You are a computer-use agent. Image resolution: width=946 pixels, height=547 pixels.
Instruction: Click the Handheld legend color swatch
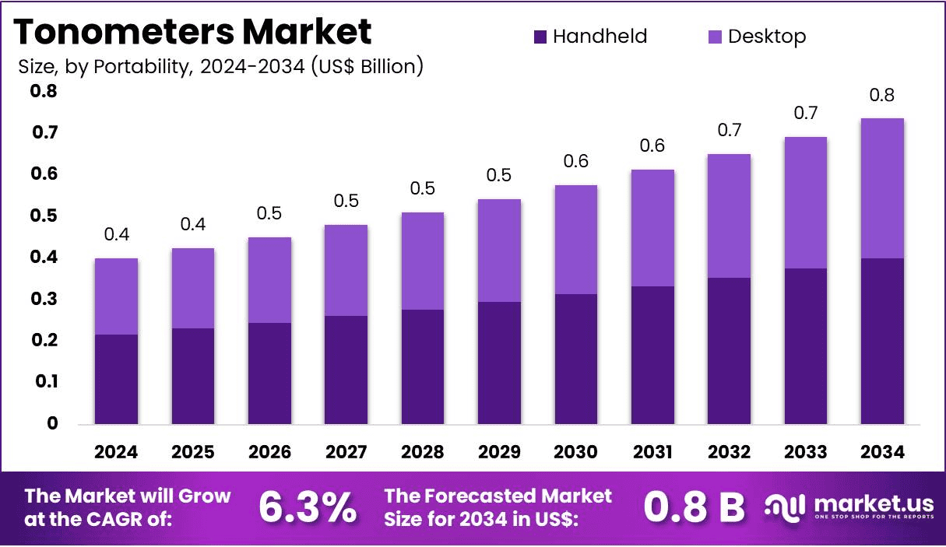coord(540,37)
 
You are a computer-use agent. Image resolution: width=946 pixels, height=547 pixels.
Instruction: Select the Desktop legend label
coord(766,37)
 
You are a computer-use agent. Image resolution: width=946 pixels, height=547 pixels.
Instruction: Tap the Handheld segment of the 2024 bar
coord(117,379)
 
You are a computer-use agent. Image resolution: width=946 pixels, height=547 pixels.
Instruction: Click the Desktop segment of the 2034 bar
coord(882,188)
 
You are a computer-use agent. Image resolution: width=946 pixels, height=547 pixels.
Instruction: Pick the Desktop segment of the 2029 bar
coord(499,251)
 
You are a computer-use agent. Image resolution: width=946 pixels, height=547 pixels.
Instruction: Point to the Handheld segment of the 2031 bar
coord(652,355)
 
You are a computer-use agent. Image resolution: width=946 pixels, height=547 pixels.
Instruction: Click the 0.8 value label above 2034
coord(882,96)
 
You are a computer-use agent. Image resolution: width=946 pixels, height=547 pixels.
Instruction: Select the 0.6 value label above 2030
coord(575,162)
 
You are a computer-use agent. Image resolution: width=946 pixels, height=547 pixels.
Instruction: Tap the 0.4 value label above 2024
coord(117,235)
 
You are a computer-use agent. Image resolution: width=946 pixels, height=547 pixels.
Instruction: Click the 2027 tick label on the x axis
coord(346,452)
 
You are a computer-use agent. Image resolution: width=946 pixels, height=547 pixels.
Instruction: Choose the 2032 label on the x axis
coord(729,452)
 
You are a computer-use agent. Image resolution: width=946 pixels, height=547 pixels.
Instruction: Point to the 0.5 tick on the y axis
coord(44,216)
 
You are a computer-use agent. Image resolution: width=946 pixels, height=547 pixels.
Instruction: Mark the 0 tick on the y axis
coord(52,423)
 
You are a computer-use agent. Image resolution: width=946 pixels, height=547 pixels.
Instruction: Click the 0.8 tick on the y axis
coord(44,92)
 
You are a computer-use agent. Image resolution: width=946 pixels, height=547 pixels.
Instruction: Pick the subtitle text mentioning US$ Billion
coord(220,67)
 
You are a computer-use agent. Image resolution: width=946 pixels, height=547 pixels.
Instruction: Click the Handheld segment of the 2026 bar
coord(269,373)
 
